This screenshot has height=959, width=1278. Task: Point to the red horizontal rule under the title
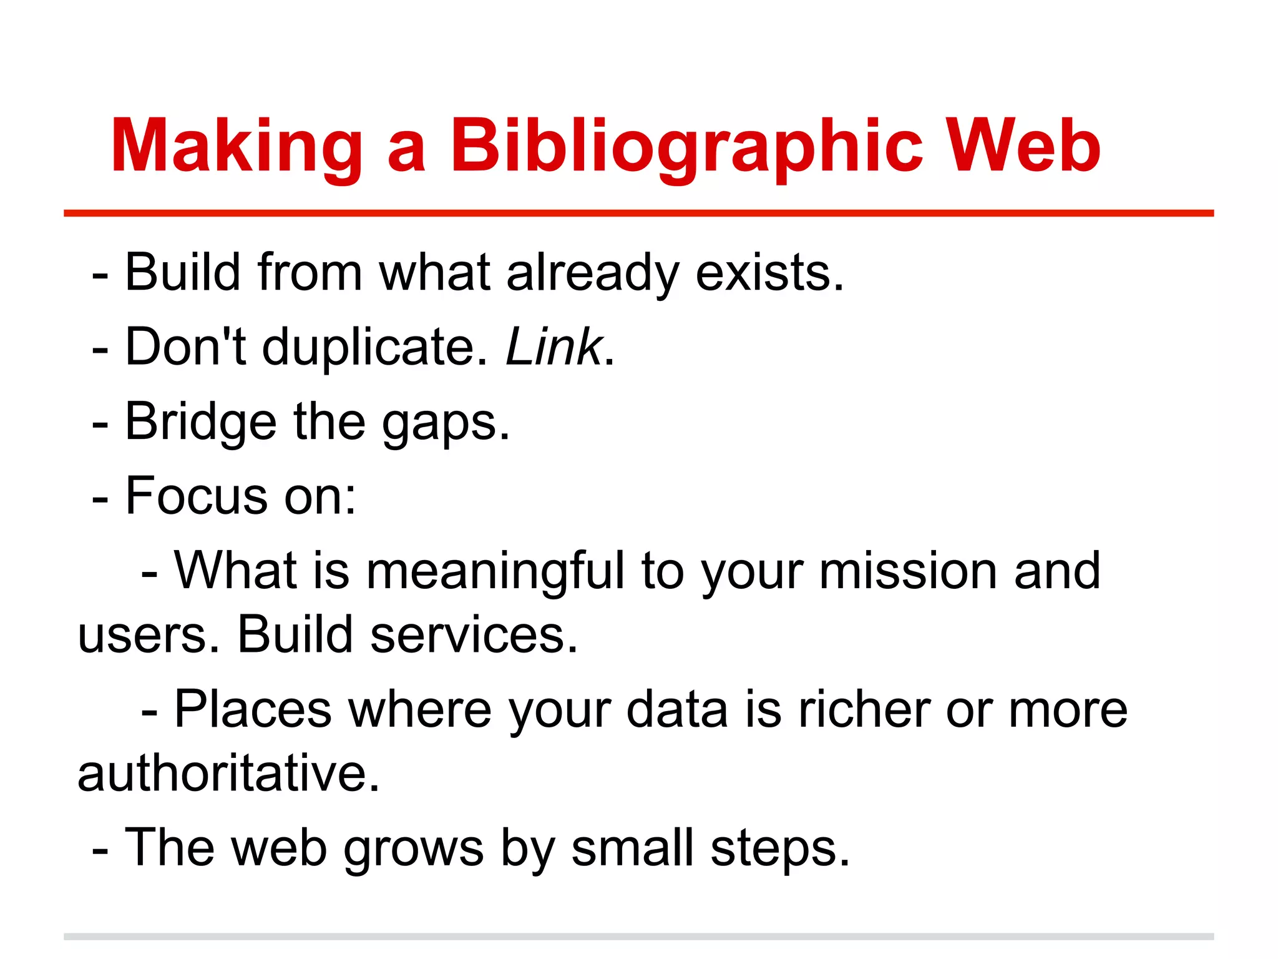point(638,214)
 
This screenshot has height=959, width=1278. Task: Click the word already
point(592,273)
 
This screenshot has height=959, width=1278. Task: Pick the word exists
point(769,273)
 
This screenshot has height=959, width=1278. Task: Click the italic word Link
point(554,347)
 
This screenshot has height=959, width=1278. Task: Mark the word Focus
point(197,496)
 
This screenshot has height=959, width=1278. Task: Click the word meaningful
point(495,572)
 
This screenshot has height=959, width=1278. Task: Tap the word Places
point(253,710)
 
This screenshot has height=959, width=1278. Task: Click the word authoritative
point(228,774)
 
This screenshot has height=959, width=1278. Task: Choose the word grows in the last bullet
point(414,849)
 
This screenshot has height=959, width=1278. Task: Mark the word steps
point(779,849)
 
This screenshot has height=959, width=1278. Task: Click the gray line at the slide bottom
point(638,937)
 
